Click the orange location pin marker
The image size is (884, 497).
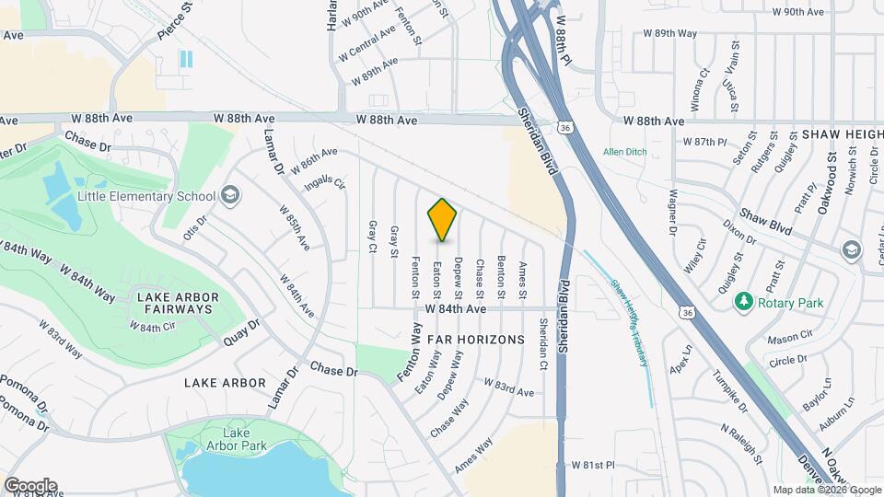tap(442, 219)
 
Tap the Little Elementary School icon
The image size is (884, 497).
tap(230, 195)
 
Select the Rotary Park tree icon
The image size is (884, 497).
tap(742, 302)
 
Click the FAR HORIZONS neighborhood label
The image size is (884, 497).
tap(475, 340)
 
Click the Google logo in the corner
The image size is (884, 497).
tap(29, 485)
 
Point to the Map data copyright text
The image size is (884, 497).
tap(827, 490)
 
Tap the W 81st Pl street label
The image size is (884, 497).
tap(593, 466)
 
